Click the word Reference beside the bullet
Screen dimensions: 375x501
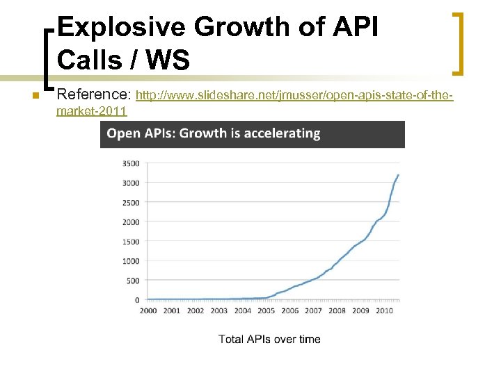coord(94,93)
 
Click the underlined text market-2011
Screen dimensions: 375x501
coord(92,111)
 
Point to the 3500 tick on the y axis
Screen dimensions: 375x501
coord(130,164)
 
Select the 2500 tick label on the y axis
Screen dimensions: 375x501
coord(130,203)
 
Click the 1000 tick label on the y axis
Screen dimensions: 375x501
coord(130,261)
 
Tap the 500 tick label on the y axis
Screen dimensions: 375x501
coord(132,281)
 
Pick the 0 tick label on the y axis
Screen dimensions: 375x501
coord(136,300)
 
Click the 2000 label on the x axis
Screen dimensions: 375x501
coord(148,310)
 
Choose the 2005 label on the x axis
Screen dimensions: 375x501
coord(266,310)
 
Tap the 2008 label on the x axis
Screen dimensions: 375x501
coord(336,310)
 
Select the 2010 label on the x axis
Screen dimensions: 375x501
coord(383,310)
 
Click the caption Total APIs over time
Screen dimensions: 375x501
coord(269,339)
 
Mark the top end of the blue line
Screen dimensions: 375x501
coord(398,175)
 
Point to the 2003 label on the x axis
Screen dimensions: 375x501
coord(218,310)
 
